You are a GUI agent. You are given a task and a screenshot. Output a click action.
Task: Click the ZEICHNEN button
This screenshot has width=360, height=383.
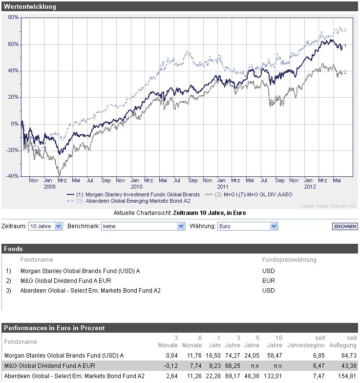click(x=345, y=227)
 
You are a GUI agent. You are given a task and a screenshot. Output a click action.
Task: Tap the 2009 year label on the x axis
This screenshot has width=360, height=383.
click(x=49, y=187)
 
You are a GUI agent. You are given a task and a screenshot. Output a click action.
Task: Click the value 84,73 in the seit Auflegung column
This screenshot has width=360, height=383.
click(x=349, y=356)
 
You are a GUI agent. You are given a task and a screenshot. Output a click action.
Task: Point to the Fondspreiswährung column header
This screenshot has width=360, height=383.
click(x=289, y=260)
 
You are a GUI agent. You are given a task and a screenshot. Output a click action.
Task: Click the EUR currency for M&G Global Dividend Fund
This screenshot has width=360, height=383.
click(x=268, y=281)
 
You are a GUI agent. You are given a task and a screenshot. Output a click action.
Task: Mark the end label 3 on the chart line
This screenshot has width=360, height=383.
click(x=344, y=30)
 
